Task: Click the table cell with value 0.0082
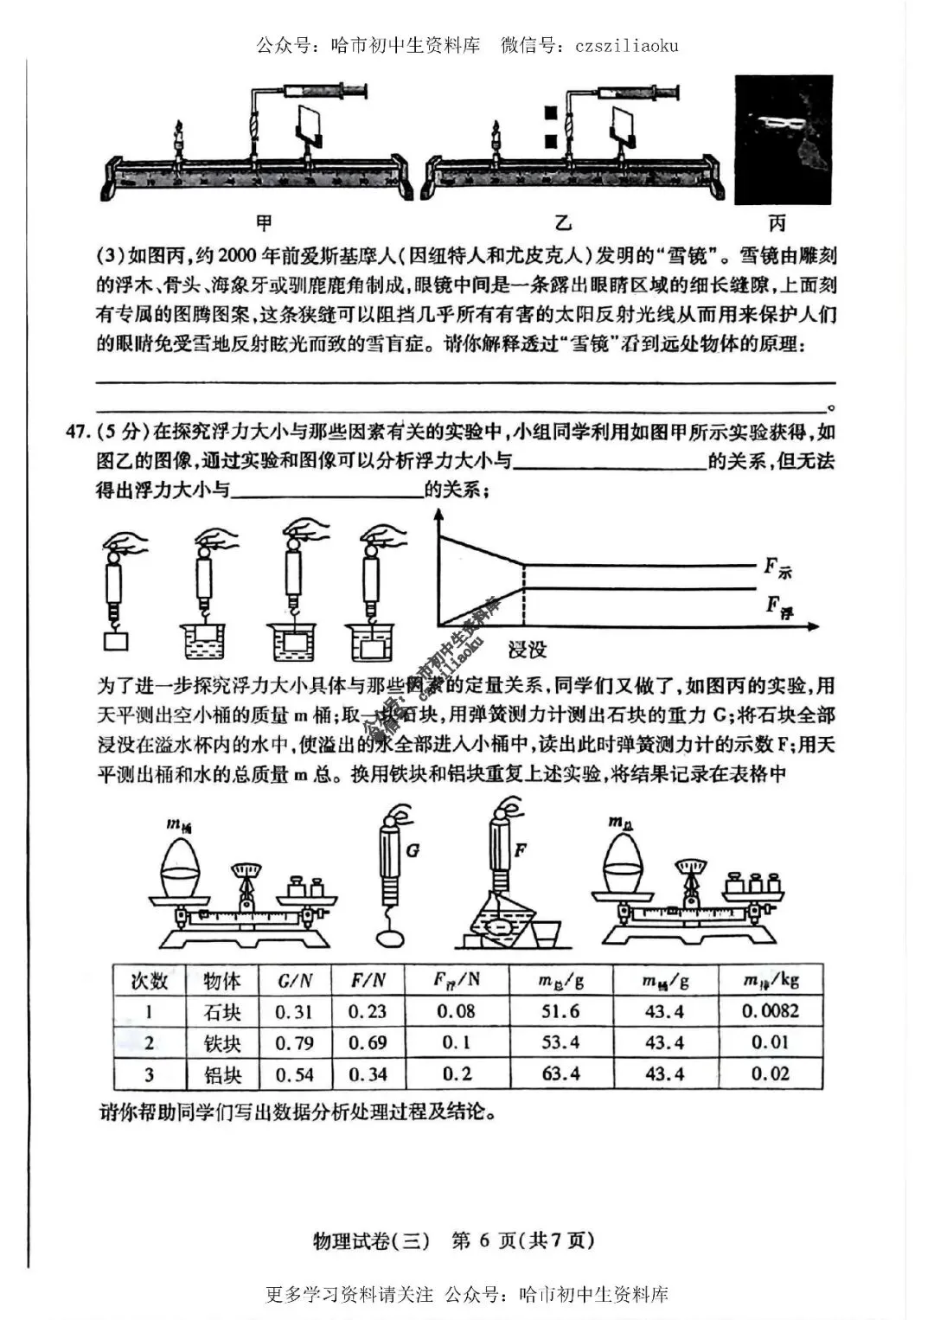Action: [770, 1011]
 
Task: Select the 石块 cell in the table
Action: [221, 1012]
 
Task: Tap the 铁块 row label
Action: [221, 1043]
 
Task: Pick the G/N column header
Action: [294, 981]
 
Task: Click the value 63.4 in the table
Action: [560, 1074]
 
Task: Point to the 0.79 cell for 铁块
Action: [294, 1043]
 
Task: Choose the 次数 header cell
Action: [149, 981]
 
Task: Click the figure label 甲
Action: [264, 223]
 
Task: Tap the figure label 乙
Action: [563, 223]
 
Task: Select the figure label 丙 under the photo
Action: [777, 223]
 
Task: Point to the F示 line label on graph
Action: [777, 568]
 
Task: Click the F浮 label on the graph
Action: [778, 606]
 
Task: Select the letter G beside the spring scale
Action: [413, 850]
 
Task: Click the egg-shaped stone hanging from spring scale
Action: [391, 937]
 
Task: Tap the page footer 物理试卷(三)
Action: [371, 1240]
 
